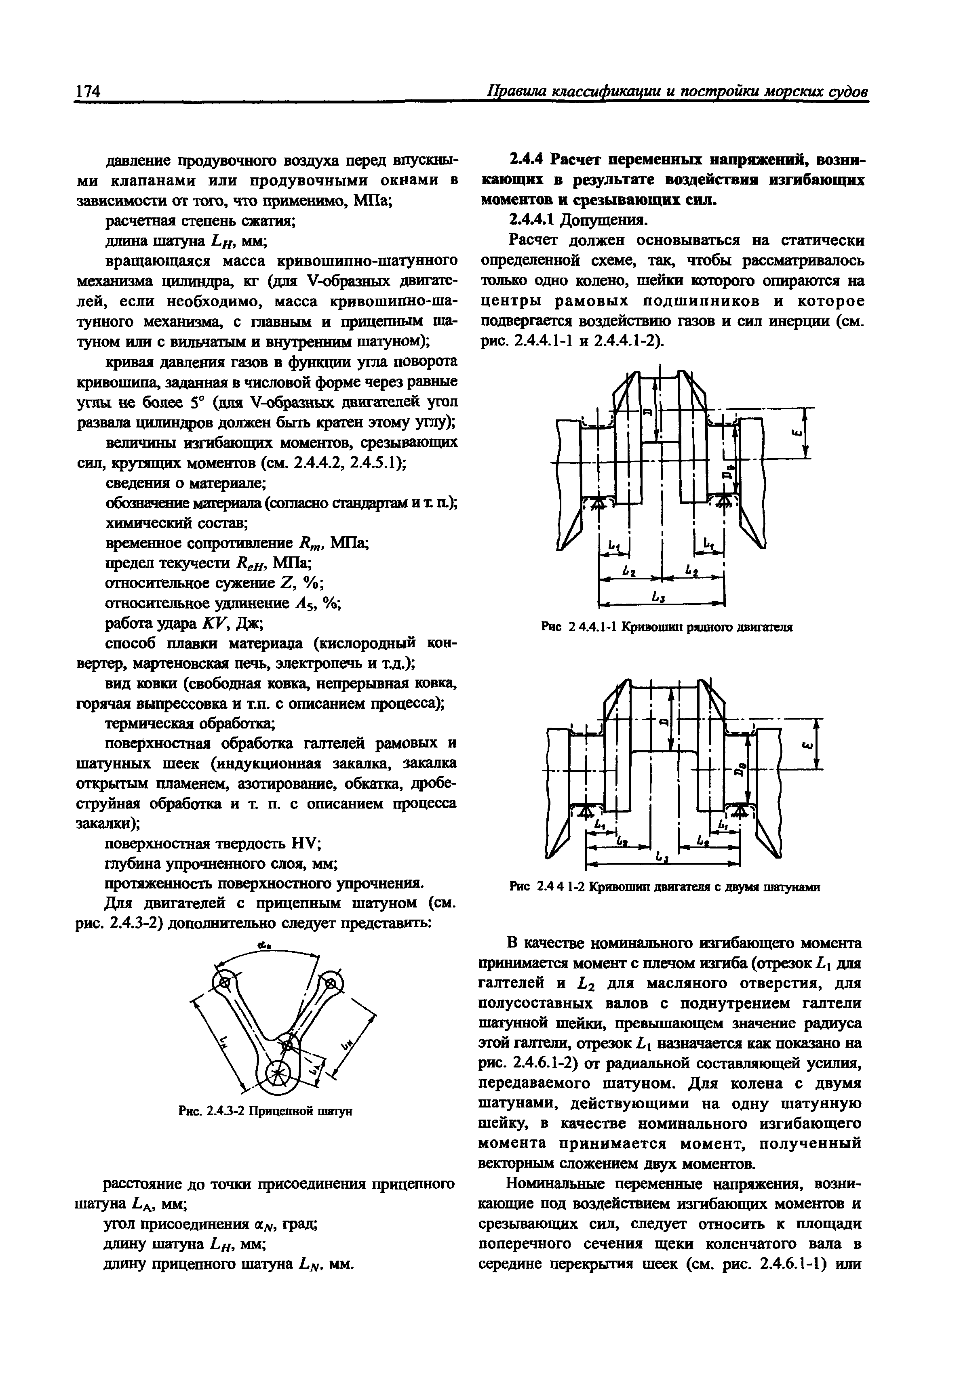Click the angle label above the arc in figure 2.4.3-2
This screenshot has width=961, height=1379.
(x=262, y=946)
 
